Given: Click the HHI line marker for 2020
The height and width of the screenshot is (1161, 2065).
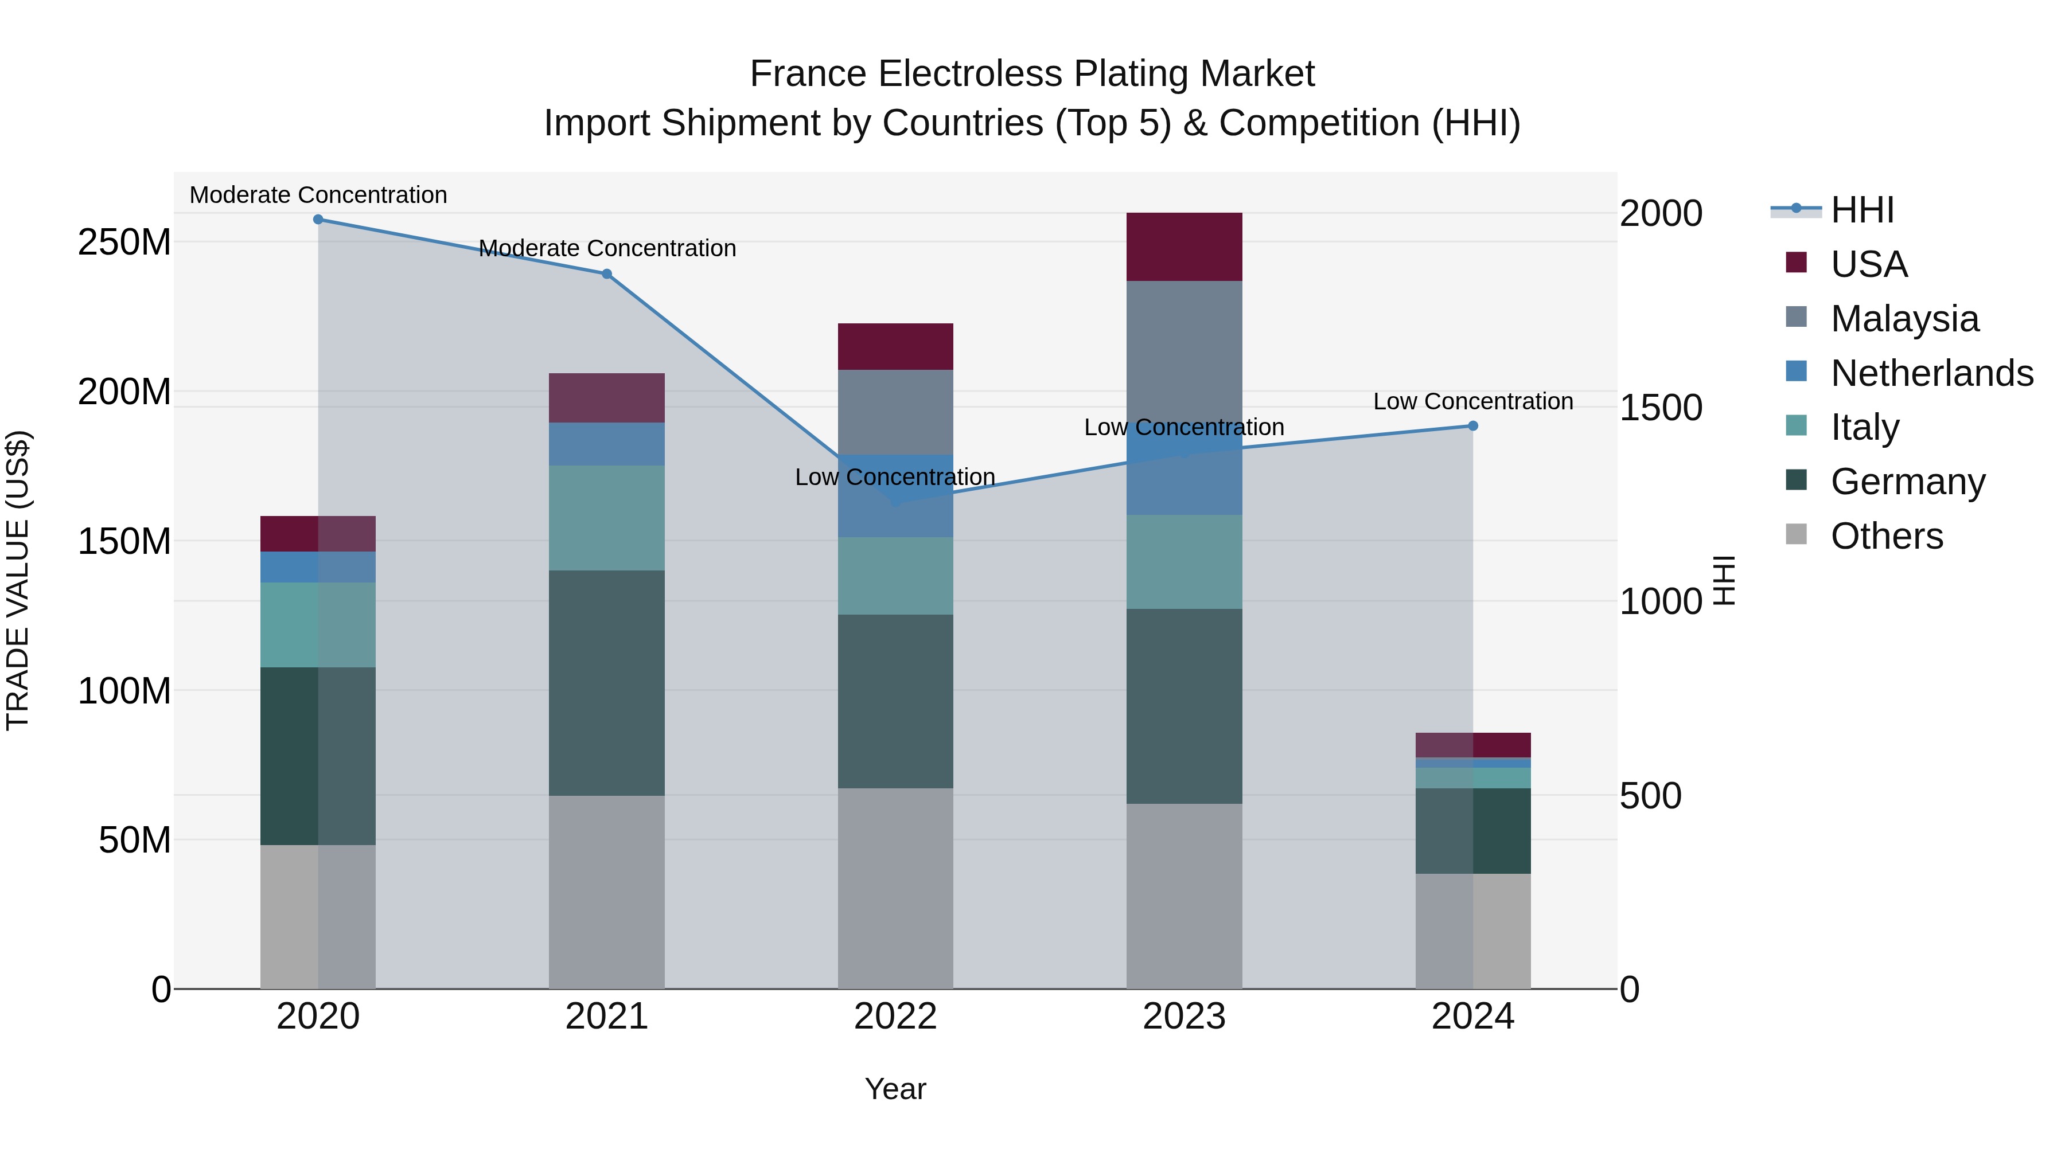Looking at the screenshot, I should tap(318, 219).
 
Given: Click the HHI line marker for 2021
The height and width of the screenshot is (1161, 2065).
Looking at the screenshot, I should tap(607, 274).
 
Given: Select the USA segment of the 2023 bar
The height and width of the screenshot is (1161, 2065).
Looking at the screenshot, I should tap(1184, 247).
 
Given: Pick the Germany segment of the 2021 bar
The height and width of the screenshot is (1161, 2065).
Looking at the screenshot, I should tap(607, 683).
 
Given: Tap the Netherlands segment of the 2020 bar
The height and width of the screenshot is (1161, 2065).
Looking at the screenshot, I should tap(318, 566).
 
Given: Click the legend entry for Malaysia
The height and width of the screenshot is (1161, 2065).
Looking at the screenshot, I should tap(1904, 319).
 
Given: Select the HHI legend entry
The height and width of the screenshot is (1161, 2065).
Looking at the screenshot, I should tap(1861, 210).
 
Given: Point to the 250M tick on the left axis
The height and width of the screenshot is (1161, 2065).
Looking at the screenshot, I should tap(124, 242).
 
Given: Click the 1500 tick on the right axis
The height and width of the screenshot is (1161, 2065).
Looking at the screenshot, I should tap(1660, 407).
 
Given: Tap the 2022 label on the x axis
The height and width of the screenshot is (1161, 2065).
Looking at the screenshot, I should tap(895, 1017).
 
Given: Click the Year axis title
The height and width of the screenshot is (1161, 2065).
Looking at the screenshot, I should tap(895, 1089).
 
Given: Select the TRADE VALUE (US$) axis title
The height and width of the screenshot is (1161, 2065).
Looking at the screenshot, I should tap(18, 580).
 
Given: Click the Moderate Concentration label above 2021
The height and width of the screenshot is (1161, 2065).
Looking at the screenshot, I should tap(607, 248).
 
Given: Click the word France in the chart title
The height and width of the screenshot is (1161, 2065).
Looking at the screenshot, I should tap(808, 74).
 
